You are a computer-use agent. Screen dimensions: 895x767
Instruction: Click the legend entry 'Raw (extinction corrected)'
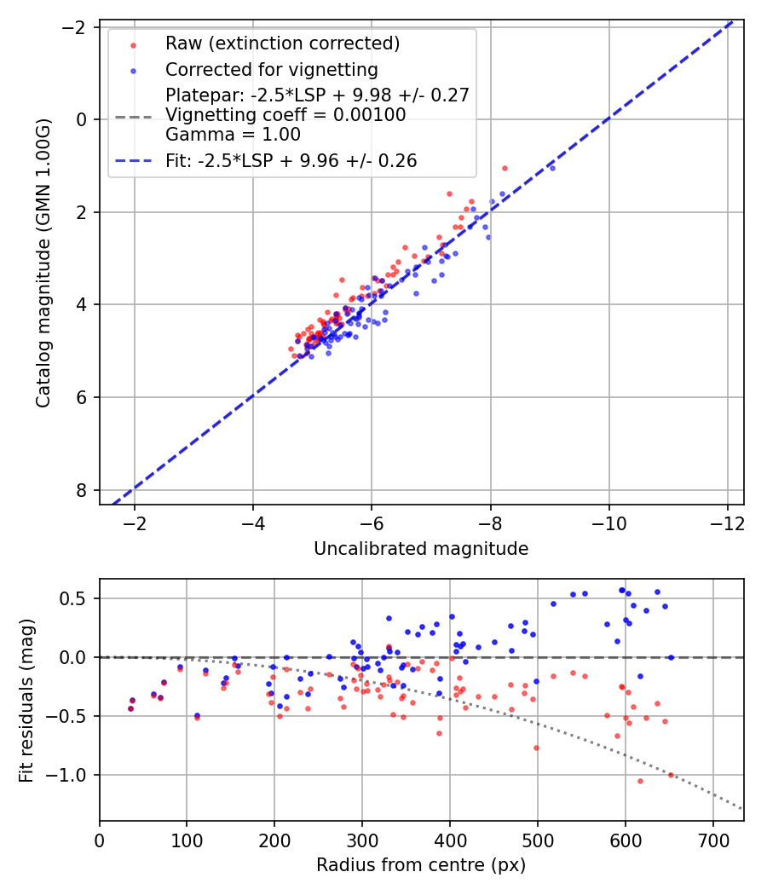[x=282, y=43]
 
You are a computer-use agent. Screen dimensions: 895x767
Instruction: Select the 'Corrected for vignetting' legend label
[x=271, y=69]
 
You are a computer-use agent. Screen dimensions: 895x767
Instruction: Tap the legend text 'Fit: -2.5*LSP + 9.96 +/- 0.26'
[x=291, y=160]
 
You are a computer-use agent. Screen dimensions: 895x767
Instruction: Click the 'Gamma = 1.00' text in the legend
[x=233, y=134]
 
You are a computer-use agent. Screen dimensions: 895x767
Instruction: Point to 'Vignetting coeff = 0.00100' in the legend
[x=285, y=114]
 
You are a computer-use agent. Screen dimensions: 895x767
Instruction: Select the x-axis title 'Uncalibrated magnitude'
[x=421, y=549]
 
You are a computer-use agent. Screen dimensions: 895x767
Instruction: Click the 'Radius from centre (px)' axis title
[x=421, y=865]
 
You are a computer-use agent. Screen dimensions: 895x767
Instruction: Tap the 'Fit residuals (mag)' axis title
[x=26, y=700]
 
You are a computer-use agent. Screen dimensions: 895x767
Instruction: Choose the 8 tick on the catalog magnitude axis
[x=82, y=490]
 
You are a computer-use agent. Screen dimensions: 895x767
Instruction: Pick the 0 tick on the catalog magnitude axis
[x=82, y=119]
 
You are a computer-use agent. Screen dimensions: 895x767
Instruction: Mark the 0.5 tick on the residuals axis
[x=78, y=598]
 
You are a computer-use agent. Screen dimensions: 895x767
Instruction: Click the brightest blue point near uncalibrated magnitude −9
[x=552, y=168]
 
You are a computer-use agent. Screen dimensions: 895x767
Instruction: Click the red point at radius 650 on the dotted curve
[x=671, y=775]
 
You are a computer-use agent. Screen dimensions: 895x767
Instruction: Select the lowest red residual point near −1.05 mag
[x=640, y=781]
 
